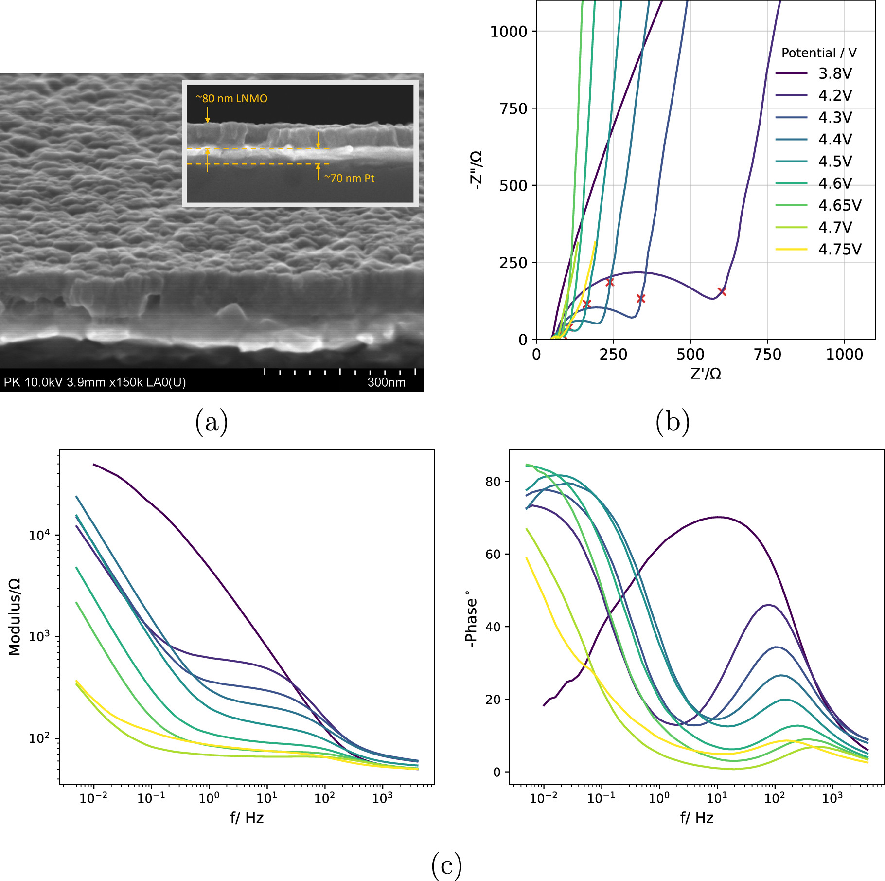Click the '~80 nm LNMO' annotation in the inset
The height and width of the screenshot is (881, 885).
pos(231,98)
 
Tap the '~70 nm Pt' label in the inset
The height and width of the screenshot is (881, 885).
pos(349,179)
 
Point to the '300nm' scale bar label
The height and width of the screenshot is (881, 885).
pos(386,382)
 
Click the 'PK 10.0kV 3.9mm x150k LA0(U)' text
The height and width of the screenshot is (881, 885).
pos(95,382)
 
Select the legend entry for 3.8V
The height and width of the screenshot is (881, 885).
pos(834,73)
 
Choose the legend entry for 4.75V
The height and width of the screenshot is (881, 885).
pos(839,249)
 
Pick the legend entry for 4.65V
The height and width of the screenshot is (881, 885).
pos(839,205)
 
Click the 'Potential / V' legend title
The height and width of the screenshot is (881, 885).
pos(819,53)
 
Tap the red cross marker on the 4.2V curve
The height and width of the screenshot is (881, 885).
pos(722,292)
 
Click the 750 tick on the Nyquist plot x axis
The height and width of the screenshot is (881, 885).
pos(767,354)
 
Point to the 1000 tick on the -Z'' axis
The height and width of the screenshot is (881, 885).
pos(509,32)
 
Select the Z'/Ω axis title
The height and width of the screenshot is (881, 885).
pos(706,374)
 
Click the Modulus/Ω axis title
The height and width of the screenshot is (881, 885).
pos(15,617)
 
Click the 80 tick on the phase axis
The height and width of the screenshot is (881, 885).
pos(493,482)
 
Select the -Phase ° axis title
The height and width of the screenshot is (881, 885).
pos(471,619)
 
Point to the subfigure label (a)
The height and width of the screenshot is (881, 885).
pos(212,421)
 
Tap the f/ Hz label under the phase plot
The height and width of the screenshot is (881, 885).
pos(696,818)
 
